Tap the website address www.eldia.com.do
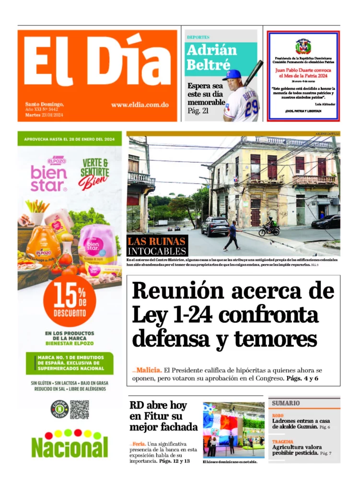[139, 105]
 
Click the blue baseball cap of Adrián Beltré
[232, 75]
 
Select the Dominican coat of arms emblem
[303, 47]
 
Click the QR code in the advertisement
[80, 409]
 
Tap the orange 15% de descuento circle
[70, 301]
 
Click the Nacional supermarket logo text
[70, 447]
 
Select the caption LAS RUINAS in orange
[157, 241]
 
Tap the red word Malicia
[148, 370]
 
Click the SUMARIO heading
[286, 403]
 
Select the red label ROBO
[278, 415]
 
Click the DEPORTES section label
[198, 37]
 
